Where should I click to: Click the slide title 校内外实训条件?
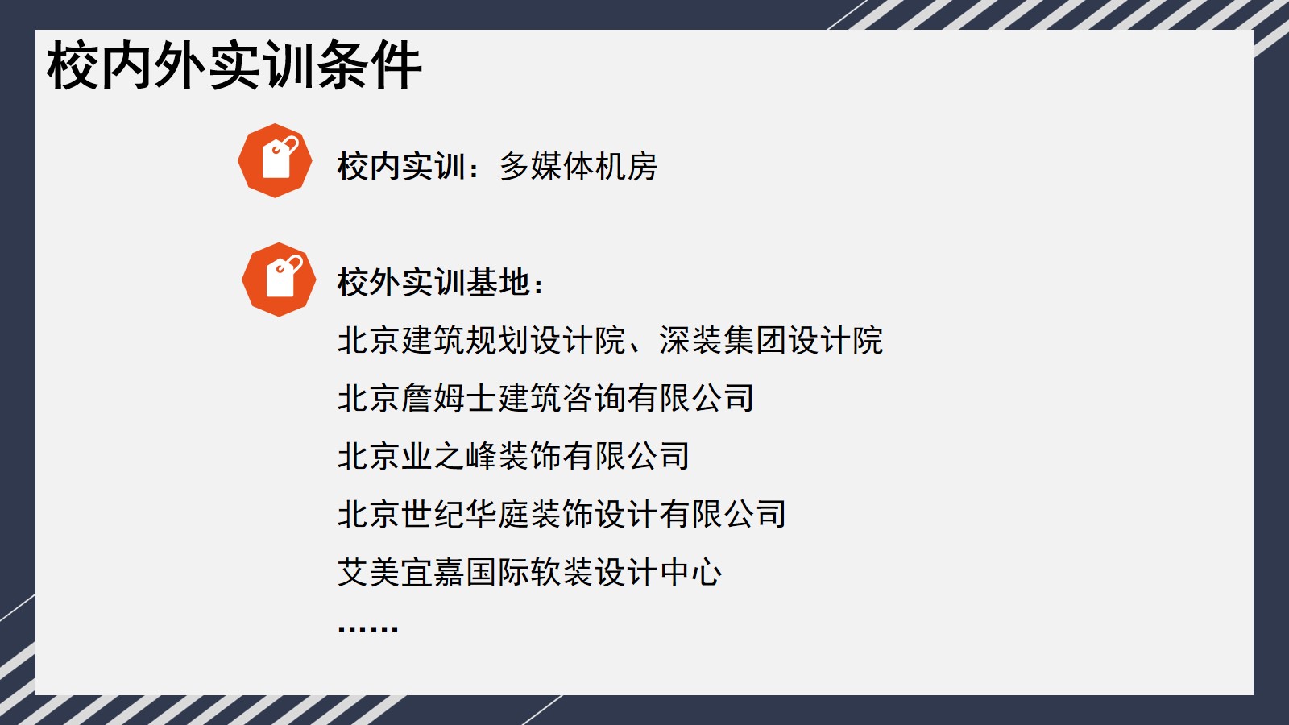pos(234,65)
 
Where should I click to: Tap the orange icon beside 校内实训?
pos(275,160)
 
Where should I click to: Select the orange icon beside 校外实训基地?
pos(279,280)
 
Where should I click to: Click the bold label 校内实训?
pos(402,166)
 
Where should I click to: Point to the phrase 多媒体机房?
pos(578,166)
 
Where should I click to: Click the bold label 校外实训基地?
pos(433,282)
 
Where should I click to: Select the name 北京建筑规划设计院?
pos(482,340)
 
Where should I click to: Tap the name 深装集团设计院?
pos(771,340)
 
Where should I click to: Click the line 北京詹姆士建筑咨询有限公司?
pos(545,398)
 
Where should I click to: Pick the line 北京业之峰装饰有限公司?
pos(513,456)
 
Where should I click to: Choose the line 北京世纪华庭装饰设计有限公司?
pos(562,514)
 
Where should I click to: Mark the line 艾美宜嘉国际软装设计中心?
pos(529,572)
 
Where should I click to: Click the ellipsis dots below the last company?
pos(367,628)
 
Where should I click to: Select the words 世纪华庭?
pos(466,514)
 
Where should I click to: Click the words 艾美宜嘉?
pos(402,572)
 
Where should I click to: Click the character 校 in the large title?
pos(72,65)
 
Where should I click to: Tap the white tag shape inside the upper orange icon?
pos(279,158)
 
